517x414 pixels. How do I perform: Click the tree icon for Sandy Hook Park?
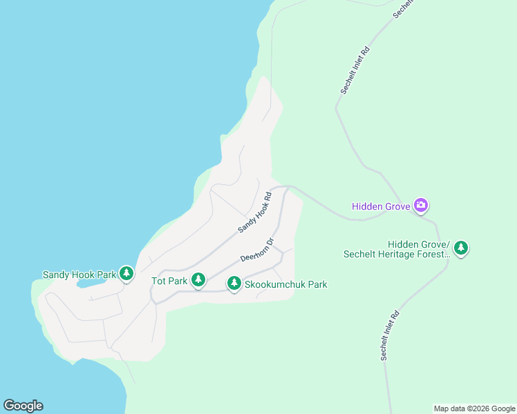126,273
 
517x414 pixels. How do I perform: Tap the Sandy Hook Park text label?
79,275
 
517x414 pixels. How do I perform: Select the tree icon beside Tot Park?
198,279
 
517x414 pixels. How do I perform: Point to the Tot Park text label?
169,281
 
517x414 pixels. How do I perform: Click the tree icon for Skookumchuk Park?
234,282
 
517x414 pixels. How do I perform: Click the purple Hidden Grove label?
380,206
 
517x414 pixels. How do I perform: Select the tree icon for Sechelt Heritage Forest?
461,247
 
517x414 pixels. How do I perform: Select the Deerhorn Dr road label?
258,250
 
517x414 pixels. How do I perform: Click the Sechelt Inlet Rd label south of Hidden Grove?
390,335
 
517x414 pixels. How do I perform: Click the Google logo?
23,406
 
